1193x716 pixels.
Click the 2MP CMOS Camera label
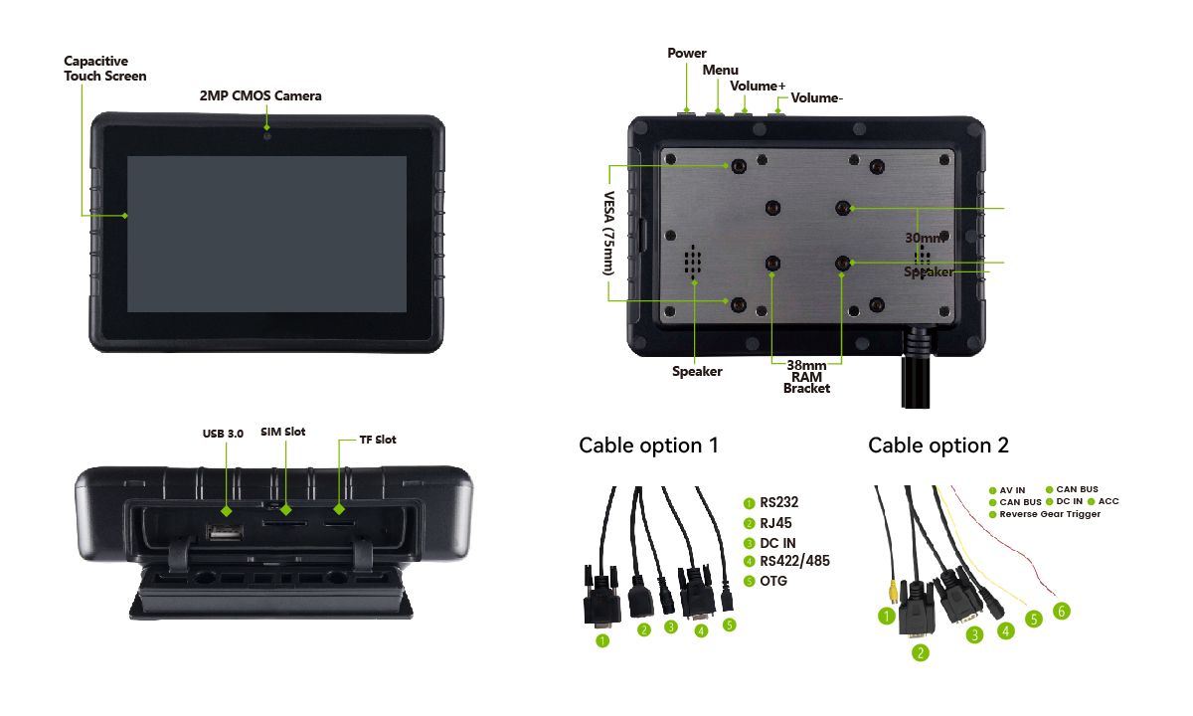coord(260,95)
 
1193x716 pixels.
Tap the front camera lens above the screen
coord(266,133)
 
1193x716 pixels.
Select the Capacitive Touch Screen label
coord(104,69)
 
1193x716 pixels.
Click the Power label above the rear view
coord(687,53)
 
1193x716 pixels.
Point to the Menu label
coord(721,70)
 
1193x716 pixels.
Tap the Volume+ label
coord(758,86)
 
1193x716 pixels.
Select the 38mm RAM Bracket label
coord(806,377)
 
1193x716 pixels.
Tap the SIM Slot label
coord(283,432)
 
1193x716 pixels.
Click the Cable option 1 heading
coord(648,446)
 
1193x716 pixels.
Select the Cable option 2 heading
coord(938,446)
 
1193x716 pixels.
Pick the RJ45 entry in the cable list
coord(775,522)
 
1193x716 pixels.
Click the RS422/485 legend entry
coord(793,561)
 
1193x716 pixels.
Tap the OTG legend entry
coord(772,580)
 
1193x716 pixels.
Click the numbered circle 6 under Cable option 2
coord(1062,611)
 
